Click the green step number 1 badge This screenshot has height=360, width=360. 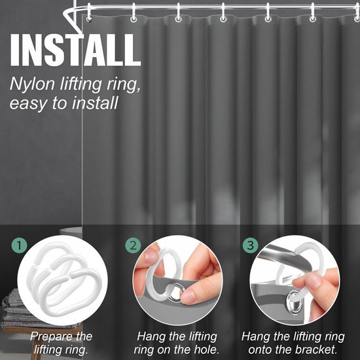[x=19, y=245]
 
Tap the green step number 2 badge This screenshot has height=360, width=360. [x=133, y=245]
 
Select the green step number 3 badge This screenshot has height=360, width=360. [x=250, y=245]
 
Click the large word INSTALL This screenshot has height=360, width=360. [x=75, y=50]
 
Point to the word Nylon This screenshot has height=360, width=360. [x=32, y=84]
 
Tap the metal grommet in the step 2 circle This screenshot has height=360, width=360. [x=175, y=292]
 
